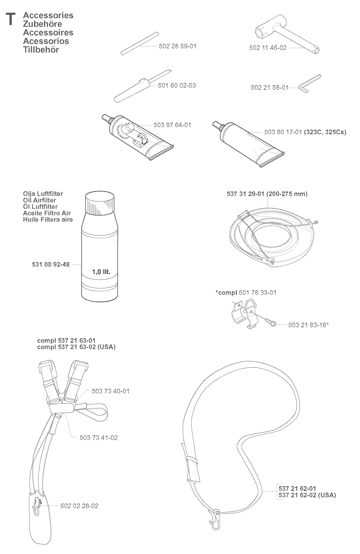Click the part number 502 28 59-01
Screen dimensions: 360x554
tap(178, 46)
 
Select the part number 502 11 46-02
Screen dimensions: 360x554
tap(268, 48)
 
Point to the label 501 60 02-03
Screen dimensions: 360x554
tap(176, 85)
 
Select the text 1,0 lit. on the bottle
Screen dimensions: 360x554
tap(101, 272)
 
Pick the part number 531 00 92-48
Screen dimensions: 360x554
tap(51, 265)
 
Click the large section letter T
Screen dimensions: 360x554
tap(11, 19)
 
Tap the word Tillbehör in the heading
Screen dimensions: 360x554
tap(41, 50)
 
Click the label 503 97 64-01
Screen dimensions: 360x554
tap(172, 125)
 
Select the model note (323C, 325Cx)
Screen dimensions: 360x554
tap(325, 132)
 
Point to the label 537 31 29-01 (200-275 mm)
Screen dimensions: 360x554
tap(267, 194)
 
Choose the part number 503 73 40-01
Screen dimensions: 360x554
tap(111, 391)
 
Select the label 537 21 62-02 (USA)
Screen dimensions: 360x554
tap(307, 495)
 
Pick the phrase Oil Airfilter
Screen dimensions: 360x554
tap(39, 200)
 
